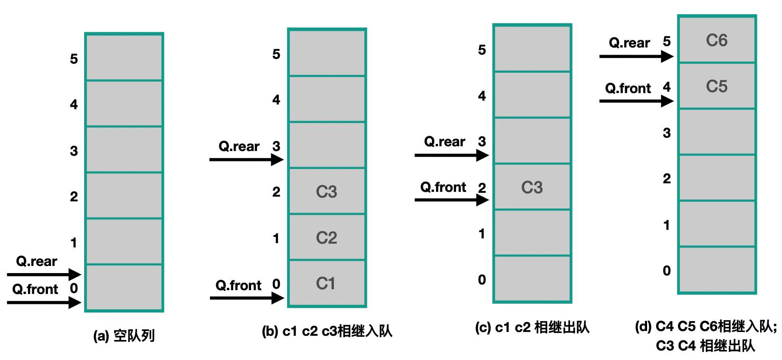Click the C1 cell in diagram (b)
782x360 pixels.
327,284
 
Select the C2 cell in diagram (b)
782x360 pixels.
327,237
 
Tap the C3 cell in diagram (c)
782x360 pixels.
532,188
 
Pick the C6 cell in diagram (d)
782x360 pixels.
717,40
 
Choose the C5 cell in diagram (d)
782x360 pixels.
717,86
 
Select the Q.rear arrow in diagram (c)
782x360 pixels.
451,155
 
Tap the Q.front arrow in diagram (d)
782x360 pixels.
636,101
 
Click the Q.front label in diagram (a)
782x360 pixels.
35,289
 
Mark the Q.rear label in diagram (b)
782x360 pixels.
239,146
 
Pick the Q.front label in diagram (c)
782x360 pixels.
443,187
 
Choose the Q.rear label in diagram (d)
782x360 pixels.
629,43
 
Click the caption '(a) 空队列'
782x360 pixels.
124,336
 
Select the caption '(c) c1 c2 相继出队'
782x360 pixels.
532,327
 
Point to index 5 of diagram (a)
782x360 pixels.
74,59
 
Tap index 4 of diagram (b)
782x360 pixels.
276,100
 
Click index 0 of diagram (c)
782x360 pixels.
482,280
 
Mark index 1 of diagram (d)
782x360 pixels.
667,225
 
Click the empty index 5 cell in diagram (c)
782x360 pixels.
532,49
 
